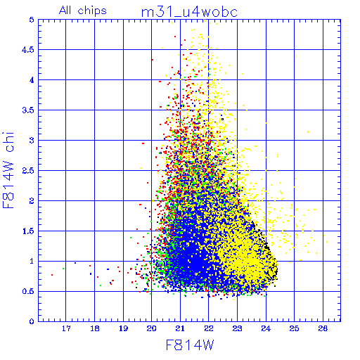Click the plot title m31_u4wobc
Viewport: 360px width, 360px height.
(189, 12)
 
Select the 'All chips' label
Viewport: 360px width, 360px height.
(83, 11)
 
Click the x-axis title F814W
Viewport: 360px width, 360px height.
(190, 345)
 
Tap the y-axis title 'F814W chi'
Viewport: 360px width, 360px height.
(8, 170)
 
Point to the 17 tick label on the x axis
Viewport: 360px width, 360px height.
(66, 328)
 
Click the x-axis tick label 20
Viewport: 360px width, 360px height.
(151, 328)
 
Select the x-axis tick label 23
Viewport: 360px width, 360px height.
(237, 328)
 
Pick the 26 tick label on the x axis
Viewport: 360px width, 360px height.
(323, 328)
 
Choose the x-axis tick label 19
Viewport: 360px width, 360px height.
(123, 328)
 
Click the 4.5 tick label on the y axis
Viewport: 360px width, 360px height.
(28, 50)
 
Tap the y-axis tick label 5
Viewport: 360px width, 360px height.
(32, 20)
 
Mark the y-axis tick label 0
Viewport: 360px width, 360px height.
(32, 321)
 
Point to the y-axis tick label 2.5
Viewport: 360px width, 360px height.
(28, 171)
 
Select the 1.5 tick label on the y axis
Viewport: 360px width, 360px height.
(28, 231)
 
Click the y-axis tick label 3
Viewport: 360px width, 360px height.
(32, 141)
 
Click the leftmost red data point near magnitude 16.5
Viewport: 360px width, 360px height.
(52, 275)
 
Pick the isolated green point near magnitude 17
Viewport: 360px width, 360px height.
(63, 269)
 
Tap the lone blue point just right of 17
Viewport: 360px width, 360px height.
(75, 263)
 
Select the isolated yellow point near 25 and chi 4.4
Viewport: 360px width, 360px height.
(296, 56)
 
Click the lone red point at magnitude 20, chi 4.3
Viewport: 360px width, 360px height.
(153, 60)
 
